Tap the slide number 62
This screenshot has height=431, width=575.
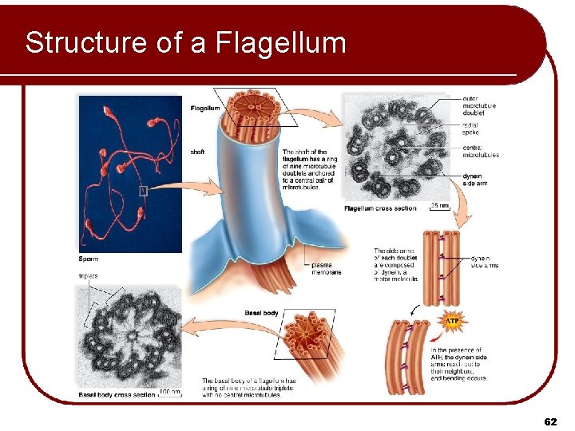point(550,421)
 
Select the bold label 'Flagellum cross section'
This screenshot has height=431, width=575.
point(380,209)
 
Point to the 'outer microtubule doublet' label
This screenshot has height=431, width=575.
point(479,105)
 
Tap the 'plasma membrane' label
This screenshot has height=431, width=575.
point(325,269)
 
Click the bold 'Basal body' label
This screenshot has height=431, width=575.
point(261,313)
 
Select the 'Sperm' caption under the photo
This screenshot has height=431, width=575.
point(89,259)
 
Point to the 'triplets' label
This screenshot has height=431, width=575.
point(89,276)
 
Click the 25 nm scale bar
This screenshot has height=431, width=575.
point(439,207)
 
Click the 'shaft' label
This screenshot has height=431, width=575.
point(197,151)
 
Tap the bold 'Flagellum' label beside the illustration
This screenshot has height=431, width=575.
point(204,108)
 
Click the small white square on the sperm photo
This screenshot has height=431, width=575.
point(144,190)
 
